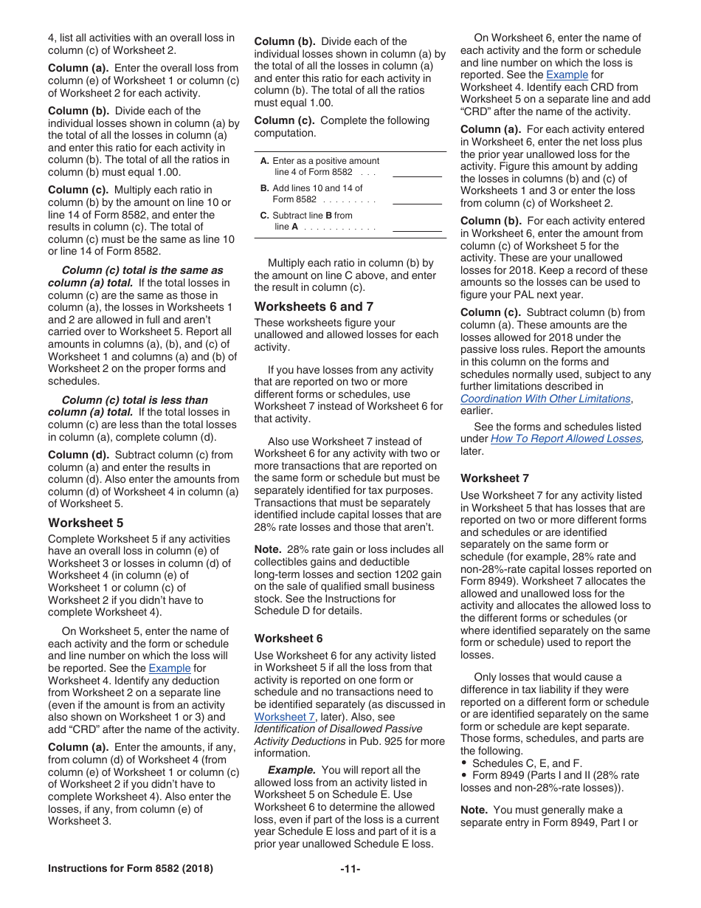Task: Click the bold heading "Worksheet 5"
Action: pos(86,523)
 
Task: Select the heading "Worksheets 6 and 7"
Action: pos(314,306)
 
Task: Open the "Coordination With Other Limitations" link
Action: pos(545,399)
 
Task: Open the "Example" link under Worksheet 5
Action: pos(169,668)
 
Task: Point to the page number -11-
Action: pos(350,869)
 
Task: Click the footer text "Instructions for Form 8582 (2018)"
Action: pos(131,869)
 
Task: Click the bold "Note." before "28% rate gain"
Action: pos(267,549)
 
